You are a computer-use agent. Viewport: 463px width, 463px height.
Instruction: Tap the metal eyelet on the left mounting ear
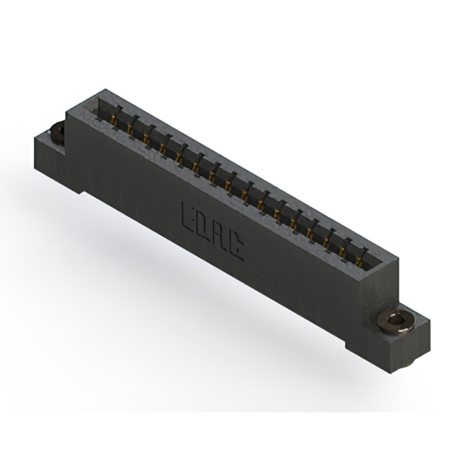pyautogui.click(x=56, y=132)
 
